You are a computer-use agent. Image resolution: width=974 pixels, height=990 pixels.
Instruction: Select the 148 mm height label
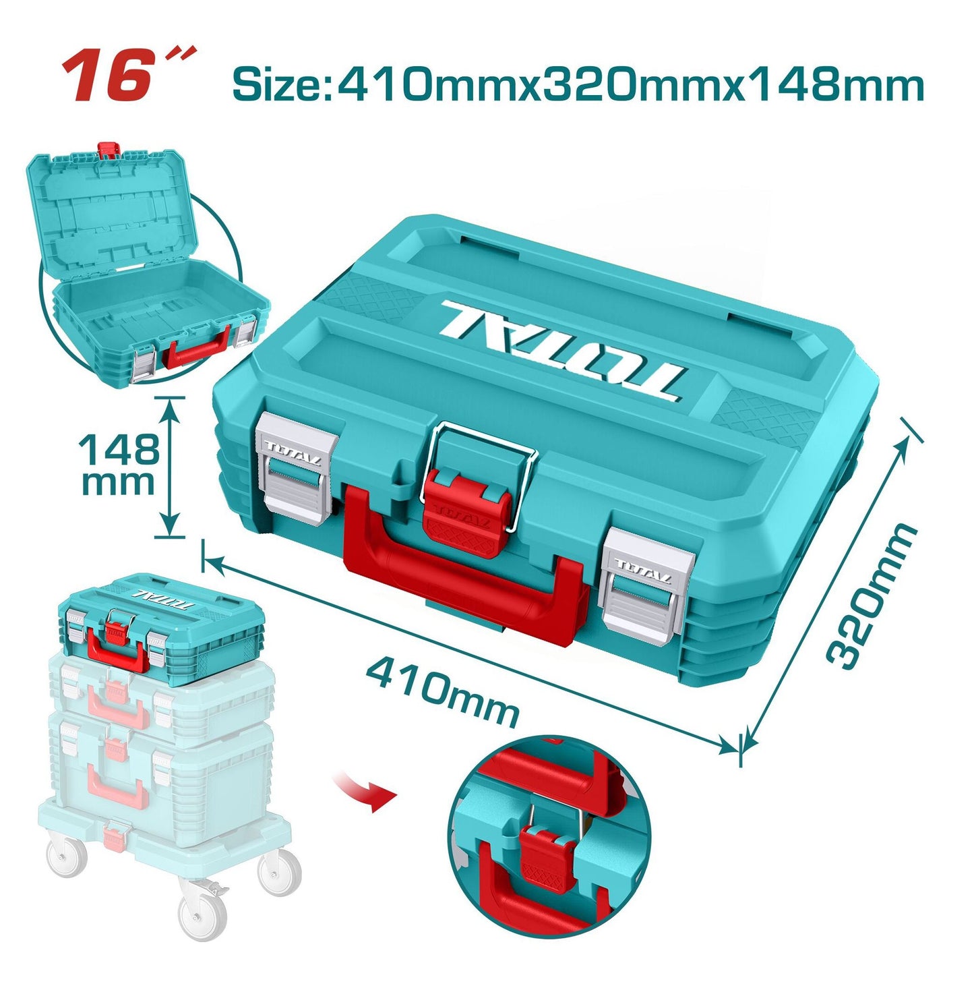click(120, 464)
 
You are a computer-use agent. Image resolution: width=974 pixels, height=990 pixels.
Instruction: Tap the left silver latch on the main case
click(297, 467)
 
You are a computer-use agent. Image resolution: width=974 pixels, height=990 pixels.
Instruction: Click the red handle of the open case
click(197, 348)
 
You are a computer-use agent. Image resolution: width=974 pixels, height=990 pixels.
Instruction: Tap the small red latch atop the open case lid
click(109, 150)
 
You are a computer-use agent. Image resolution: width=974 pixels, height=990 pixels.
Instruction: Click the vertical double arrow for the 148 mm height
click(171, 467)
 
